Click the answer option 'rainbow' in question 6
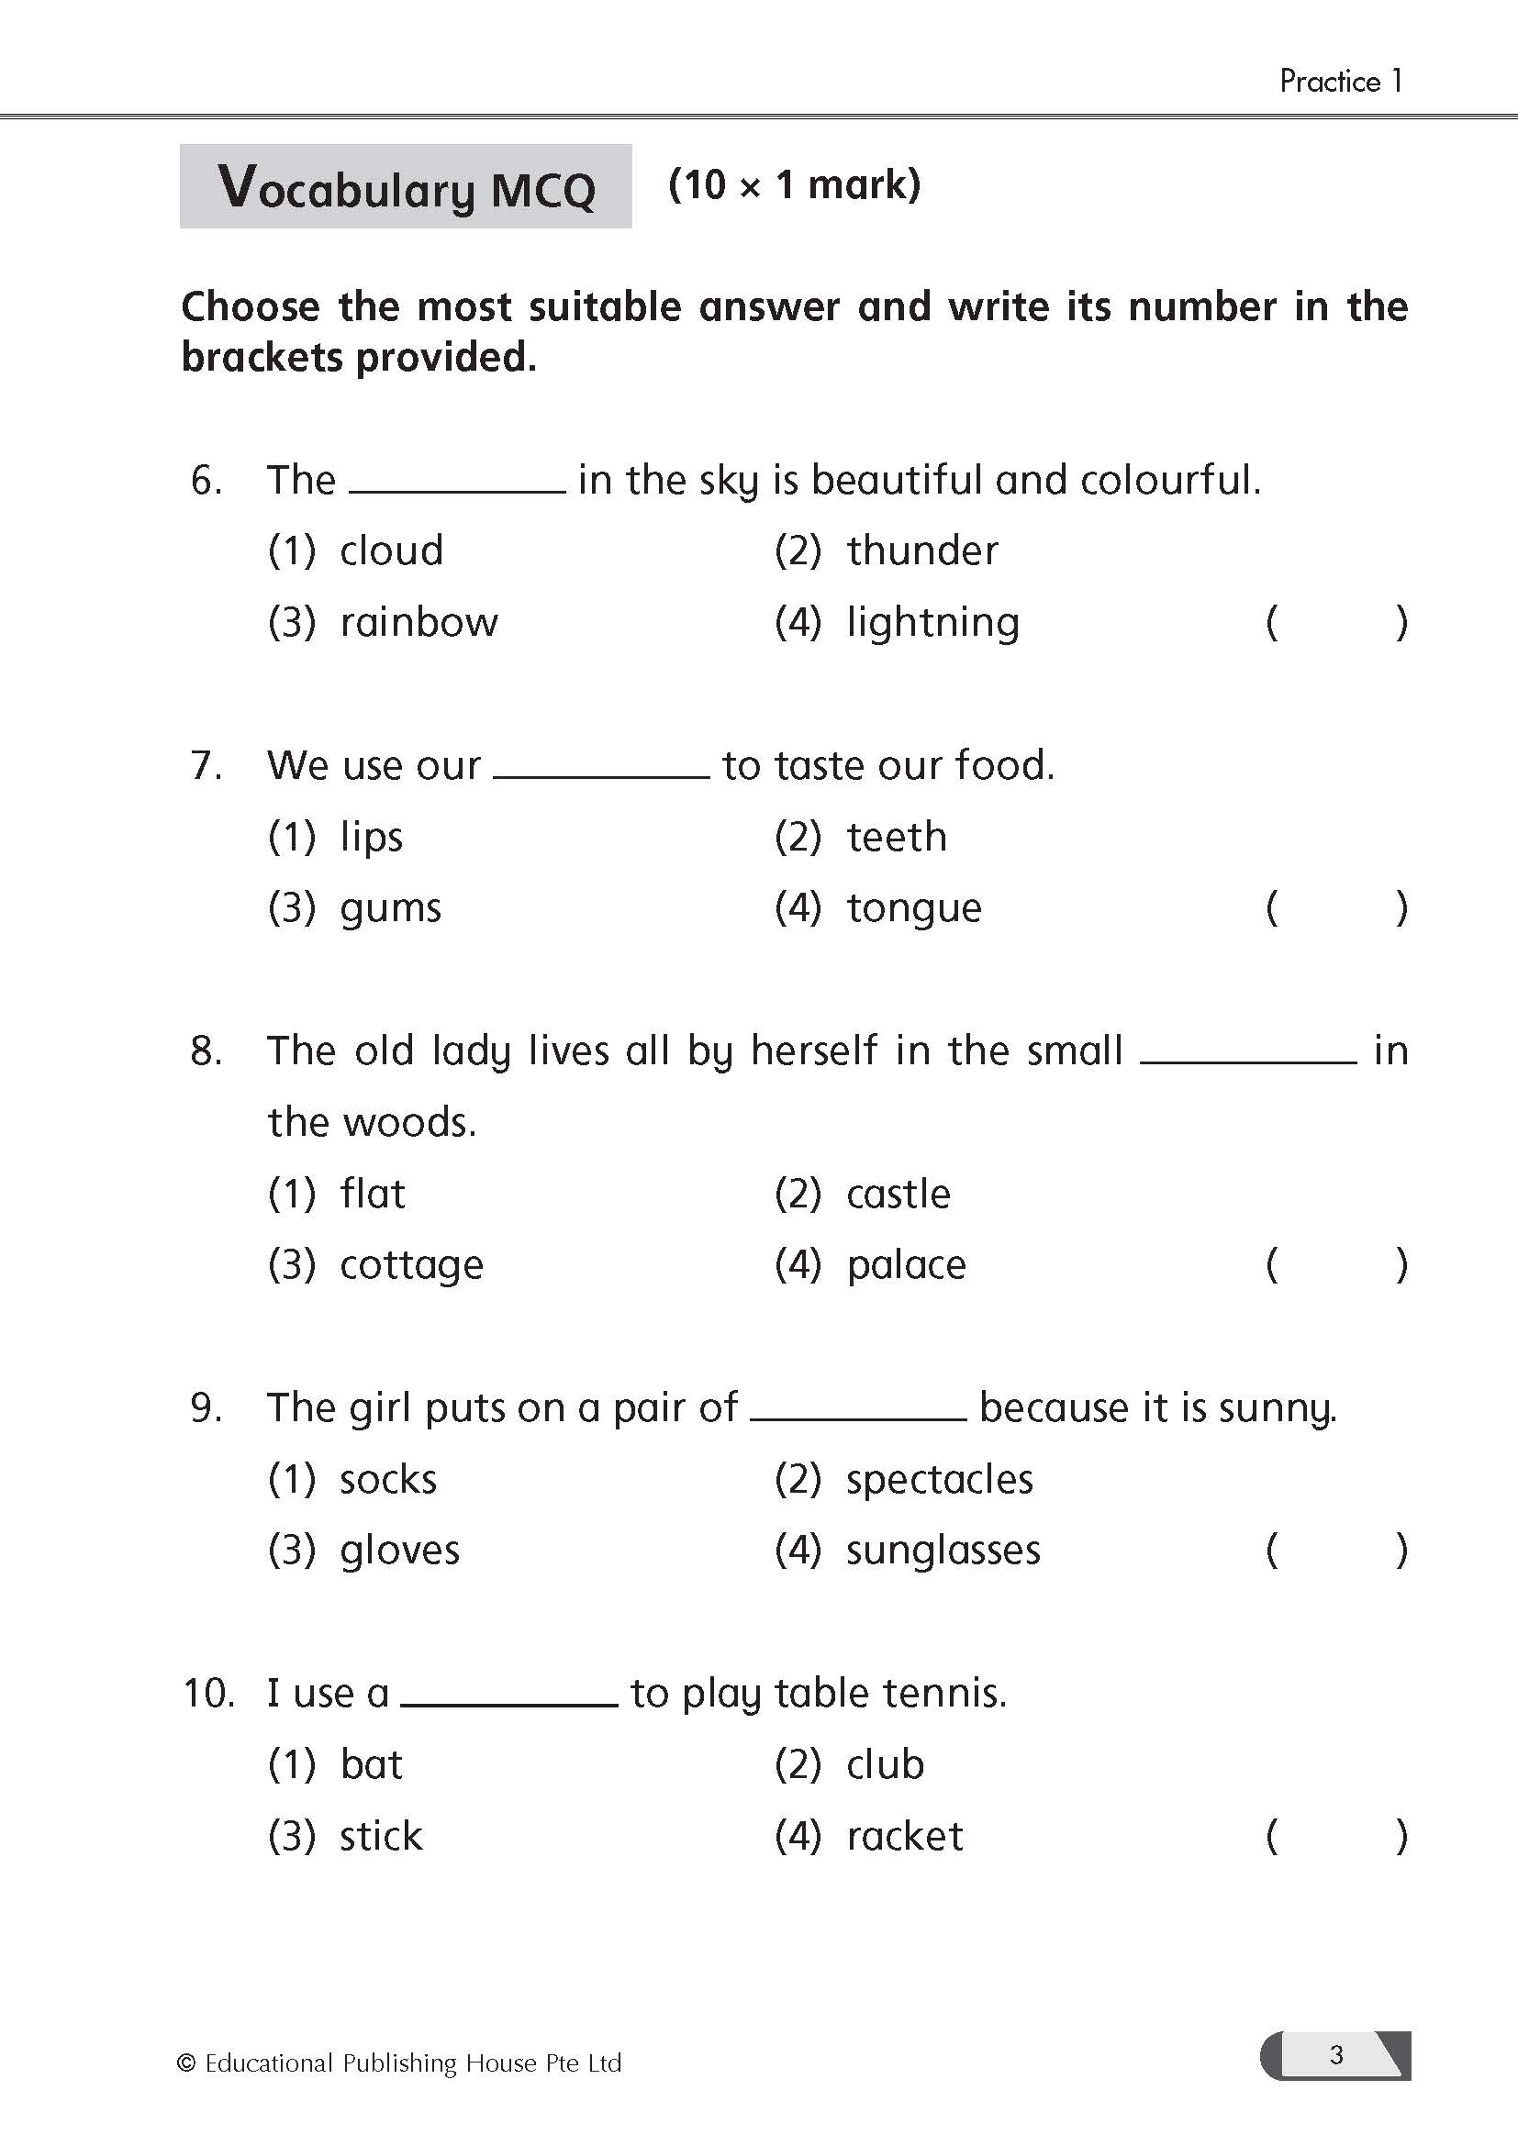pos(418,622)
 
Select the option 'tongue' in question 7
pos(913,908)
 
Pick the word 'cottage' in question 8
pos(411,1265)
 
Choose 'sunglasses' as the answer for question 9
pos(943,1551)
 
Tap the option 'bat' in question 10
pos(371,1764)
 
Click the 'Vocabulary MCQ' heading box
pos(406,187)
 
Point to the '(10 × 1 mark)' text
pos(795,185)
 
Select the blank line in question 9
pos(858,1417)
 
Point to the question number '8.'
pos(206,1051)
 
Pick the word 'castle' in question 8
pos(898,1195)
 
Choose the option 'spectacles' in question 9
pos(940,1480)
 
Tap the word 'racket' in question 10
pos(904,1837)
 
